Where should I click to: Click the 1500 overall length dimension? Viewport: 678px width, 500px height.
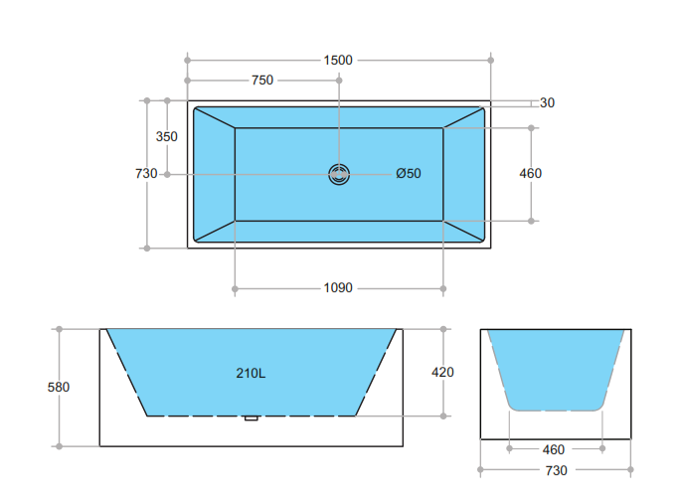338,60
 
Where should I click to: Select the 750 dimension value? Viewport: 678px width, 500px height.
261,80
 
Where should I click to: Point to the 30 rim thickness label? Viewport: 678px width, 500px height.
548,102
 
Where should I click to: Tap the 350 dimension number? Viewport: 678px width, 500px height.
167,136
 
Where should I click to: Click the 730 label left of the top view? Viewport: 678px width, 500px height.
146,174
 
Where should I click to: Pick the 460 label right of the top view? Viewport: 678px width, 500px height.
531,174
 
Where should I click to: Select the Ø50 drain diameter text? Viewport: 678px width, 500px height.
409,174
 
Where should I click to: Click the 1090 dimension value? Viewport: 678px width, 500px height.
338,288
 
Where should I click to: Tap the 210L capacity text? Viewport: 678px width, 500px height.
251,374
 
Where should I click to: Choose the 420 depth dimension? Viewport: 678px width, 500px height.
442,372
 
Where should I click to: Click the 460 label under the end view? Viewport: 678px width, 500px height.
556,449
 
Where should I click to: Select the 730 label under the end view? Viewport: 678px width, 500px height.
556,469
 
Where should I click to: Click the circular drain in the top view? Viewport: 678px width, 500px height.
340,174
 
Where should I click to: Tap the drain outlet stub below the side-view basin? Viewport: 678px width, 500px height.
252,418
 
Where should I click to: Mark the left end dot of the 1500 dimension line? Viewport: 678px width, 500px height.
187,60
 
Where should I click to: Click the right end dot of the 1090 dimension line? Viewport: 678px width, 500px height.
443,289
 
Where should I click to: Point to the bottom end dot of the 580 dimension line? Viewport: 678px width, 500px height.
60,445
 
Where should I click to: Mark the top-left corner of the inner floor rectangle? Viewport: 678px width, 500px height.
236,128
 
